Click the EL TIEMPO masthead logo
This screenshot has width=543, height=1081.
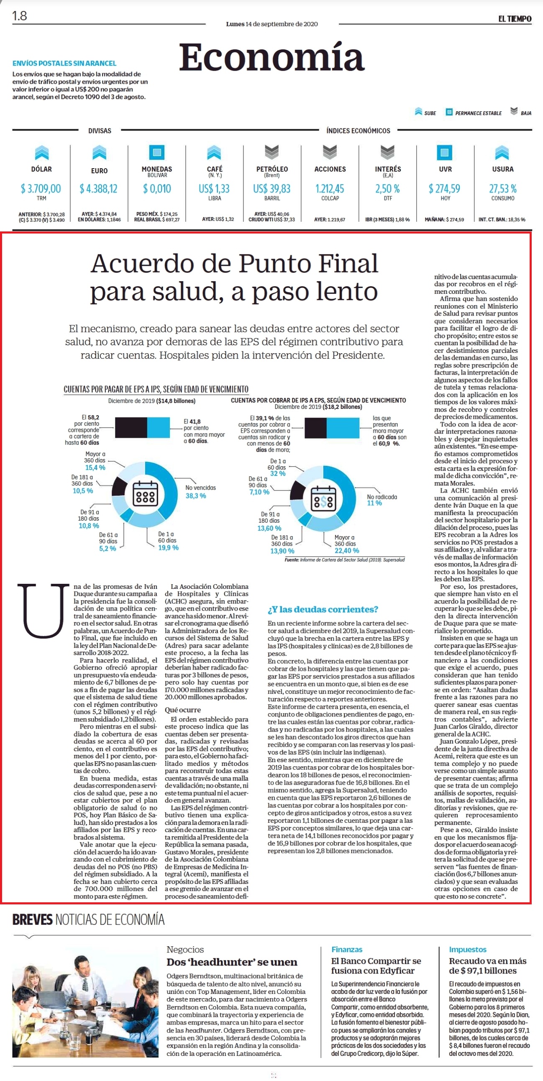pos(515,18)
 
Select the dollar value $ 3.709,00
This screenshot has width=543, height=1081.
pos(41,188)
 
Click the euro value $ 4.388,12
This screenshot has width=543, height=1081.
pos(99,188)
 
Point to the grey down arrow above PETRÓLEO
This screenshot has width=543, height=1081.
pos(272,152)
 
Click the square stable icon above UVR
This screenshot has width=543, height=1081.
pos(445,152)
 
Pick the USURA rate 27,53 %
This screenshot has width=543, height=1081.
pos(503,188)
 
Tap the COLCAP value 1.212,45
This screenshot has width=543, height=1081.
pos(330,188)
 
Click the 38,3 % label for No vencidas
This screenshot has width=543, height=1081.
pos(195,496)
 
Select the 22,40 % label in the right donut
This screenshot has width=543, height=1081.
pos(347,550)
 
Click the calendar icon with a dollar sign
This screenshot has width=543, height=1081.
pos(323,499)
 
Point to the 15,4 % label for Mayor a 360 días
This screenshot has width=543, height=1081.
pos(95,467)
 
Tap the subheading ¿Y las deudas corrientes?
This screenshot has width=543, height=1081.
pos(323,609)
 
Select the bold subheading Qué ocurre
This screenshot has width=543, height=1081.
pos(182,710)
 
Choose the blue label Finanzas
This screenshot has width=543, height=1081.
pos(347,949)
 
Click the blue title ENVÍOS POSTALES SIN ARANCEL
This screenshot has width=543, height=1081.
pos(64,63)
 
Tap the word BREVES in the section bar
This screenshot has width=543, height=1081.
pos(32,920)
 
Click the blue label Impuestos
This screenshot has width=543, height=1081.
pos(467,949)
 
